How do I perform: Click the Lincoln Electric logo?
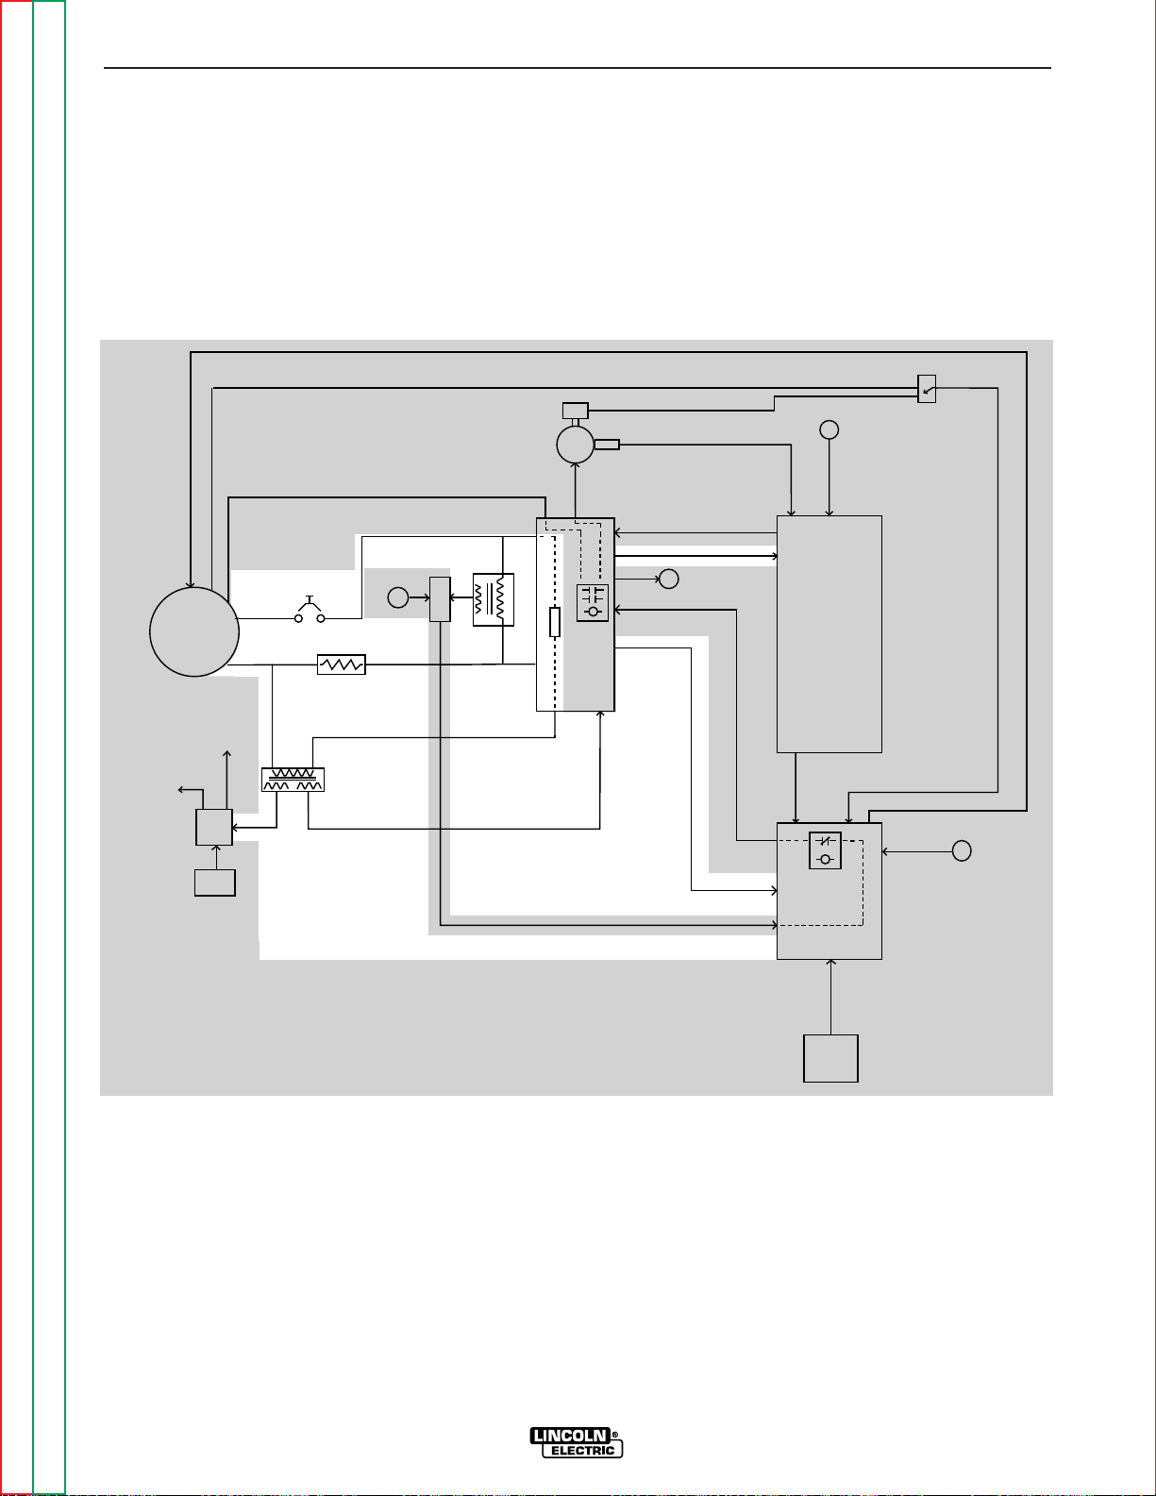click(577, 1441)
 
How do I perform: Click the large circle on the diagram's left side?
click(194, 631)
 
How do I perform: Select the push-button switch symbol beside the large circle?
click(310, 613)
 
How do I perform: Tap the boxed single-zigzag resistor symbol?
click(342, 665)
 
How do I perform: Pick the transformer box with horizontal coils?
click(293, 780)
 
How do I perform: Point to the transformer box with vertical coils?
click(494, 599)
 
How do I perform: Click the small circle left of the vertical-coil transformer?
click(398, 597)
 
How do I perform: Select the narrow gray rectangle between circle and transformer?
click(440, 599)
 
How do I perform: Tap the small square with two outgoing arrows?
click(214, 827)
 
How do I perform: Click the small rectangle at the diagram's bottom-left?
click(215, 882)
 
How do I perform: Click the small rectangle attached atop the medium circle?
click(575, 411)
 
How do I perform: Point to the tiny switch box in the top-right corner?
click(927, 389)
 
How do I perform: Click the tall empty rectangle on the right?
click(829, 633)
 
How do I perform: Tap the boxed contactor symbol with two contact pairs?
click(593, 603)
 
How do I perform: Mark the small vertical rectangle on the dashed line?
click(555, 623)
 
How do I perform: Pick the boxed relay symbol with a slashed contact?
click(825, 850)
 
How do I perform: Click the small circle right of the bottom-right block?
click(962, 850)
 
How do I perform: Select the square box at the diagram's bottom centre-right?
click(830, 1058)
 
